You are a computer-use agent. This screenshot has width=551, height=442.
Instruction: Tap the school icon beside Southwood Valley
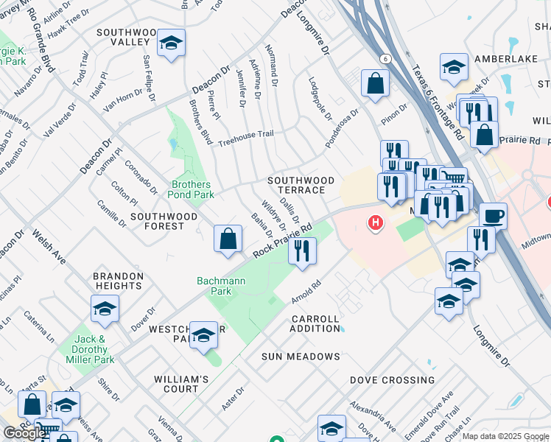(x=171, y=44)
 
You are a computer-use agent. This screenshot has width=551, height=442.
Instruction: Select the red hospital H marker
(x=376, y=222)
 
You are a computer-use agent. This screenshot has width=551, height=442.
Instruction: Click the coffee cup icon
(x=493, y=217)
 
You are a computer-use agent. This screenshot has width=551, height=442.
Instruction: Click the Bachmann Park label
(x=214, y=286)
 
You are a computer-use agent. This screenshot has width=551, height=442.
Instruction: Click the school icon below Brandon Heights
(x=105, y=309)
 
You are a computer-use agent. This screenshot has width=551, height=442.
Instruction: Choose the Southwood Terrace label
(x=301, y=185)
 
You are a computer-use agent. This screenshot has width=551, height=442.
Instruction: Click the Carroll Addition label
(x=315, y=323)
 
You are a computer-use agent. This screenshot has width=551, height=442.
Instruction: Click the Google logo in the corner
(x=24, y=433)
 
